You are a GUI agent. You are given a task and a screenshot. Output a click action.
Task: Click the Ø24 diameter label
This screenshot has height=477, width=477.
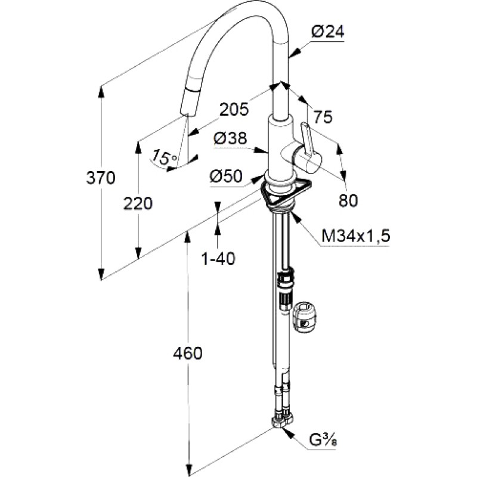(x=327, y=32)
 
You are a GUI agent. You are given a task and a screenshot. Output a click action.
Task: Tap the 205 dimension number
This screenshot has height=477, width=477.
(x=234, y=110)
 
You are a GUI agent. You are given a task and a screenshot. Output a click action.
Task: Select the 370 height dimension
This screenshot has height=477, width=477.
(x=101, y=178)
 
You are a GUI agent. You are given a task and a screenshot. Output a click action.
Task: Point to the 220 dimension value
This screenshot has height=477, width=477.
(x=138, y=204)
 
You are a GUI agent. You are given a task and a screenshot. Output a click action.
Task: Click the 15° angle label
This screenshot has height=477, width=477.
(x=165, y=157)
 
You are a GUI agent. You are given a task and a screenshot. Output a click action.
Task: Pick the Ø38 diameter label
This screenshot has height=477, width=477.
(x=230, y=139)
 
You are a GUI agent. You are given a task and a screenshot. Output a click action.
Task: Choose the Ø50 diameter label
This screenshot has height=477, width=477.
(x=227, y=176)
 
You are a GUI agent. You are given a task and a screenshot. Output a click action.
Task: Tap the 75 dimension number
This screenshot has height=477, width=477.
(x=323, y=117)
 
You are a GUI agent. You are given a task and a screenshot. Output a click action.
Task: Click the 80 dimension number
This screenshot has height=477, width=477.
(x=348, y=200)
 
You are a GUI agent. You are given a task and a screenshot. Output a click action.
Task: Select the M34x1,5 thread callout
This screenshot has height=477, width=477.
(x=355, y=236)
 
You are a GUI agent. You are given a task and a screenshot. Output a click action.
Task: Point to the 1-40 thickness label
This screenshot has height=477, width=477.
(x=218, y=259)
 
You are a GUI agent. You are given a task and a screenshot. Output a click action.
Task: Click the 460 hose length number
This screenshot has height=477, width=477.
(x=188, y=354)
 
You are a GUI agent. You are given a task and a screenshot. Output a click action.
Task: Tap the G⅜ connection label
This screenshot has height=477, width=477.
(x=323, y=440)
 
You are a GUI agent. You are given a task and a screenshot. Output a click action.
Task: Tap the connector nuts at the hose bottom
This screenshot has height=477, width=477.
(x=281, y=421)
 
